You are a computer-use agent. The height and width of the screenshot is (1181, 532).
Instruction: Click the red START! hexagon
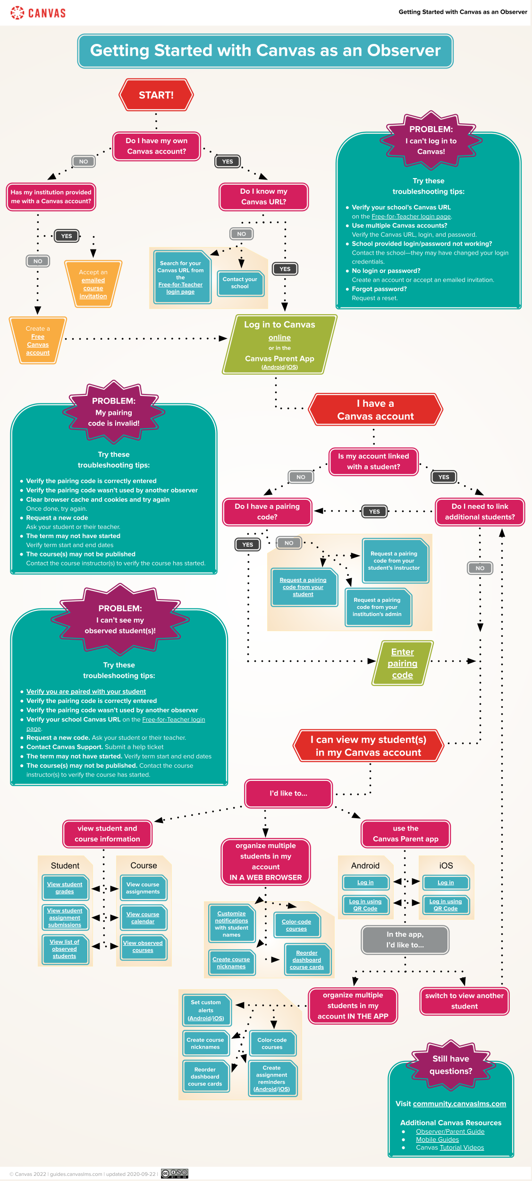(x=156, y=95)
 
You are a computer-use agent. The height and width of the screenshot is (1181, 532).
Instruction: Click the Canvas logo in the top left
(x=38, y=13)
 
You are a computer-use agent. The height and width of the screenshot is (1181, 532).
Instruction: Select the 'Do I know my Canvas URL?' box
(x=263, y=197)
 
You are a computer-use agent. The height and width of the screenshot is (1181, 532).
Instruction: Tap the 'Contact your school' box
(x=240, y=283)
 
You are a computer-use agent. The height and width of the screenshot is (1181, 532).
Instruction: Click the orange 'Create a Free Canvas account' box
(x=38, y=341)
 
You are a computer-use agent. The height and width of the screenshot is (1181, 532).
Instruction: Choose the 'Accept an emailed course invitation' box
(x=93, y=284)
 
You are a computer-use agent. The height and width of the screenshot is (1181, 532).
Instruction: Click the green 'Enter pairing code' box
(x=402, y=663)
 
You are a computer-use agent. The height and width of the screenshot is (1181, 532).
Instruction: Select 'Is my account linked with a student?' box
(x=373, y=462)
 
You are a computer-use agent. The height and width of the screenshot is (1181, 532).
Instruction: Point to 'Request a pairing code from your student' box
(x=303, y=587)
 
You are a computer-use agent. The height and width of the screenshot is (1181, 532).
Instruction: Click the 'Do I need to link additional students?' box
(x=480, y=512)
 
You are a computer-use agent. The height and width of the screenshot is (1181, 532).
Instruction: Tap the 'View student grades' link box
(x=65, y=888)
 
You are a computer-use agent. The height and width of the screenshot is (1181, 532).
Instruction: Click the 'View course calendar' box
(x=143, y=917)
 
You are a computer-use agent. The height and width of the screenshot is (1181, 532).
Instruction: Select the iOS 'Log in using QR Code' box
(x=446, y=905)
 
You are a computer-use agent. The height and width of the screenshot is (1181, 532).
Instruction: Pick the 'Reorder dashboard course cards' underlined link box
(x=307, y=960)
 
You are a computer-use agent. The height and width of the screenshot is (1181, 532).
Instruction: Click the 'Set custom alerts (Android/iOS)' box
(x=206, y=1010)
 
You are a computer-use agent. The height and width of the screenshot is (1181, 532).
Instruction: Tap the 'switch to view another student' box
(x=464, y=1001)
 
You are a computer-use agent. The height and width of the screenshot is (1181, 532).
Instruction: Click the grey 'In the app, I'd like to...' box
(x=405, y=940)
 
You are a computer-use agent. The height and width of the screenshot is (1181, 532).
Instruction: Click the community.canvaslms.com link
(x=459, y=1104)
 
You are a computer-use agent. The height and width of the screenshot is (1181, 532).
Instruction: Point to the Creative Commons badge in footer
(x=174, y=1173)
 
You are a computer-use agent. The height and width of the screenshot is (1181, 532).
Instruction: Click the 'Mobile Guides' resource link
(x=437, y=1139)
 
